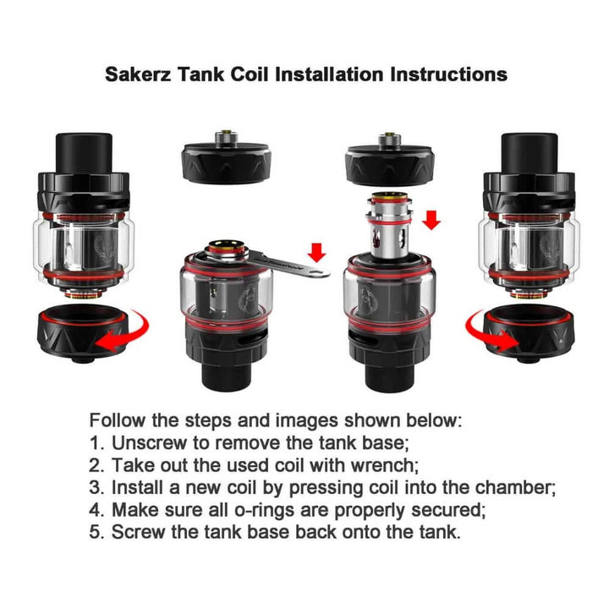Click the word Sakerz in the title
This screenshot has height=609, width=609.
138,74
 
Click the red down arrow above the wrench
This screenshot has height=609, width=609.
317,252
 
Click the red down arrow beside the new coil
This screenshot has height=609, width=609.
431,220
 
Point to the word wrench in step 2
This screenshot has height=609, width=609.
382,465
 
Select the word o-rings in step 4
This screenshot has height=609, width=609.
264,510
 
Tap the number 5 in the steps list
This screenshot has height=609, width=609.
96,532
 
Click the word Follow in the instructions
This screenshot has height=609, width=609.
118,420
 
